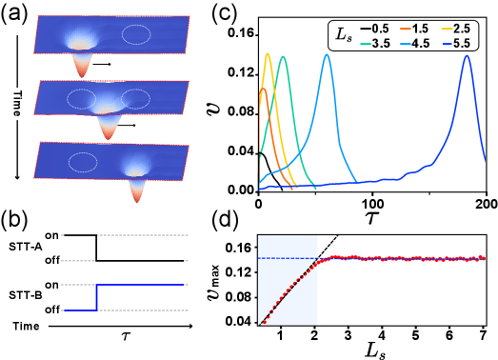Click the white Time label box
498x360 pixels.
[16, 104]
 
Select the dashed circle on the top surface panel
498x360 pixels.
[136, 34]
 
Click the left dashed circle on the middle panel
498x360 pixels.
[81, 98]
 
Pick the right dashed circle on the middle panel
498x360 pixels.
[136, 98]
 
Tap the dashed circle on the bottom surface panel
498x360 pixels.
[83, 162]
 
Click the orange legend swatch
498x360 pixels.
[406, 29]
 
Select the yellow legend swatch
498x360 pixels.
[448, 29]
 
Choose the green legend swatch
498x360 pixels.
[366, 44]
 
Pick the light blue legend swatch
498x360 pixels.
[406, 44]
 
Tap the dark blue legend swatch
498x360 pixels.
[448, 44]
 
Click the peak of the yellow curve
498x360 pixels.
[268, 54]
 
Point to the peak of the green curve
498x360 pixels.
[283, 57]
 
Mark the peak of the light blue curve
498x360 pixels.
[328, 55]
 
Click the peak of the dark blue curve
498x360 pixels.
[467, 55]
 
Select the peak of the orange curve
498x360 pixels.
[262, 89]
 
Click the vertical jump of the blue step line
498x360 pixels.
[96, 297]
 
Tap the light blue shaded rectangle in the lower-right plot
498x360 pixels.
[288, 280]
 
